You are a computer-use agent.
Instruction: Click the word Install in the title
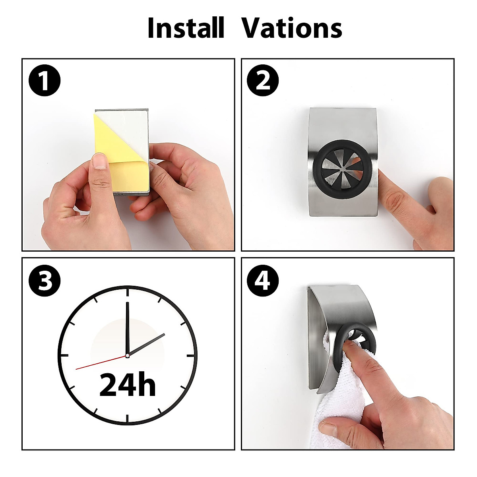(186, 28)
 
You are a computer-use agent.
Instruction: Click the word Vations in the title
(292, 28)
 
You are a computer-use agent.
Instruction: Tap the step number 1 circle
(45, 81)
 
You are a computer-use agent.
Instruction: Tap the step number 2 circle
(263, 81)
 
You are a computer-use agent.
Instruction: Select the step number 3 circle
(45, 281)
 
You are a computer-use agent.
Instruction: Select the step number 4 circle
(263, 281)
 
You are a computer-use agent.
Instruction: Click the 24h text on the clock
(127, 384)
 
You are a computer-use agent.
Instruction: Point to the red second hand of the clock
(99, 363)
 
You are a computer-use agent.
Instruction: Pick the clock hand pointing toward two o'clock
(147, 344)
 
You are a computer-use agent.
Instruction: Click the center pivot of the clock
(127, 355)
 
